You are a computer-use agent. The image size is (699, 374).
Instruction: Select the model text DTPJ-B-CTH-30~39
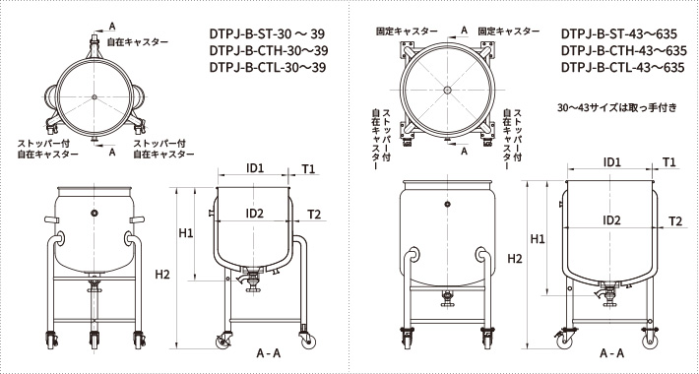(267, 49)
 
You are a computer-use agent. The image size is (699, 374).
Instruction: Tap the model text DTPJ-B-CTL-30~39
(267, 68)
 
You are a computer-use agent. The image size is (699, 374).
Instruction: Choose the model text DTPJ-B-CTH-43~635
(622, 49)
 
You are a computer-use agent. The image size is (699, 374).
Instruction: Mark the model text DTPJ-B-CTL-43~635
(622, 68)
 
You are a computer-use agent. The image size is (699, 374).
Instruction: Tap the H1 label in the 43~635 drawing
(538, 238)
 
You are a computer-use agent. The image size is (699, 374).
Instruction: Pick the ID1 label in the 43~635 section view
(611, 161)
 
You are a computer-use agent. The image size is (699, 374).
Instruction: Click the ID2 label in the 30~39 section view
(254, 214)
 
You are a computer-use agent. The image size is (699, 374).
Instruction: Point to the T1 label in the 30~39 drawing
(307, 168)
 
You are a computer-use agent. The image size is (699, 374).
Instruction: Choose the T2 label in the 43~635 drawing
(675, 221)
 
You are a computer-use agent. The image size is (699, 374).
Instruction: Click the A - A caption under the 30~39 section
(269, 352)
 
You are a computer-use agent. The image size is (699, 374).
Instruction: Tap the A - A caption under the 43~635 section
(610, 352)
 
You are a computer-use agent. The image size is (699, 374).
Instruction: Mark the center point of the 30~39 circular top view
(94, 95)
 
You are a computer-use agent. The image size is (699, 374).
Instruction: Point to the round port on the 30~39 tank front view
(94, 213)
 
